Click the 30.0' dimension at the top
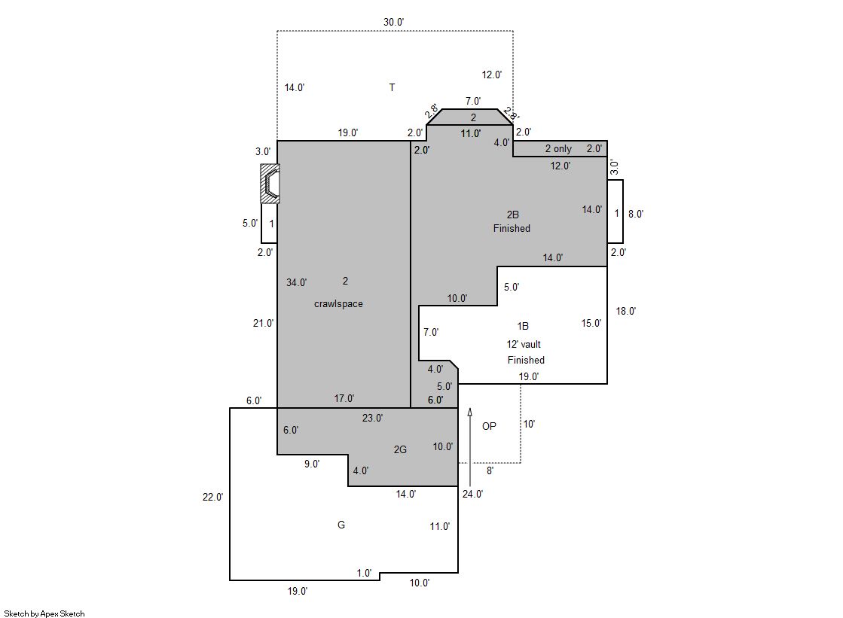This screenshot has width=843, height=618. point(393,22)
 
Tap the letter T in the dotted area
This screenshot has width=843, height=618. point(392,87)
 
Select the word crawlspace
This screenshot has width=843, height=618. point(338,303)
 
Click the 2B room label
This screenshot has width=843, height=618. point(512,215)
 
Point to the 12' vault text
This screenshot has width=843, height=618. point(523,344)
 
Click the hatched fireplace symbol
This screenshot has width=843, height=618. point(270,183)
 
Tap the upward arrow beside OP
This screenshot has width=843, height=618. point(470,447)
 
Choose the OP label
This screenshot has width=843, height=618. point(489,425)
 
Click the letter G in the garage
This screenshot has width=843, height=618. point(341,525)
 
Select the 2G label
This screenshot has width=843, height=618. point(400,449)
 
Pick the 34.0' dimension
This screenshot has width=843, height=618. point(296,282)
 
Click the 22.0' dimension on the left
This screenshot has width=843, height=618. point(212,497)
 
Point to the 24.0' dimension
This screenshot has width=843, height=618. point(472,494)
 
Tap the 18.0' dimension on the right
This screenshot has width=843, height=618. point(626,311)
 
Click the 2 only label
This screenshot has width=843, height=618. point(558,148)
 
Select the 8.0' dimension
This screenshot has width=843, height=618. point(636,213)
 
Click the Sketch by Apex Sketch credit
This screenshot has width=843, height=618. point(44,613)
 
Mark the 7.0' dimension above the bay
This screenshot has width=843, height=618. point(473,101)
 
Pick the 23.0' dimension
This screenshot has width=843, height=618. point(372,418)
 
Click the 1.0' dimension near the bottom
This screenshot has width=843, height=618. point(364,573)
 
